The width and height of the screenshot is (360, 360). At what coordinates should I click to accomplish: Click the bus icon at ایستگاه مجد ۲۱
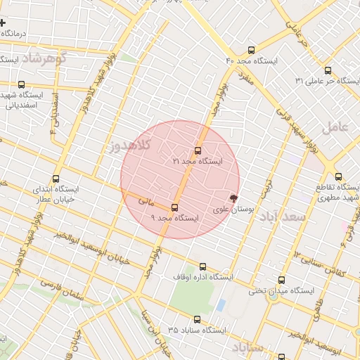[198, 150]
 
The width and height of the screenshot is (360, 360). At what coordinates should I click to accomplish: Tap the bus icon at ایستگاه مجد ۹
[174, 207]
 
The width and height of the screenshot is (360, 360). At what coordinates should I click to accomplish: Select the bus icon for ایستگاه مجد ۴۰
[252, 50]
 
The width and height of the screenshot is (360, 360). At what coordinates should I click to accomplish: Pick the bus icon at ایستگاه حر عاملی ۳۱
[328, 70]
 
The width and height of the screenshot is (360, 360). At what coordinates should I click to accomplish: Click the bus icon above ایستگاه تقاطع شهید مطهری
[338, 176]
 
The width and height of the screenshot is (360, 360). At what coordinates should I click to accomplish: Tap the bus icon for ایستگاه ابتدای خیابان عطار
[56, 179]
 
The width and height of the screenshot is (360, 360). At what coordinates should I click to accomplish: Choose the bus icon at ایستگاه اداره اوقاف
[203, 266]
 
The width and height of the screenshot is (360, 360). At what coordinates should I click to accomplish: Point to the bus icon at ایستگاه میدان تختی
[281, 279]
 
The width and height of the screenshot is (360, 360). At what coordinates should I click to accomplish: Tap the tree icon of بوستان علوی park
[233, 198]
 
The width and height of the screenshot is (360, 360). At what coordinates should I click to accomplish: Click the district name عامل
[335, 128]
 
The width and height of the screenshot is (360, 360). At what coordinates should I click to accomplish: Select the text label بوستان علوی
[233, 210]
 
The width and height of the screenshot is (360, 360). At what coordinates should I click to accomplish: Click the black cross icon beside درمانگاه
[4, 23]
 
